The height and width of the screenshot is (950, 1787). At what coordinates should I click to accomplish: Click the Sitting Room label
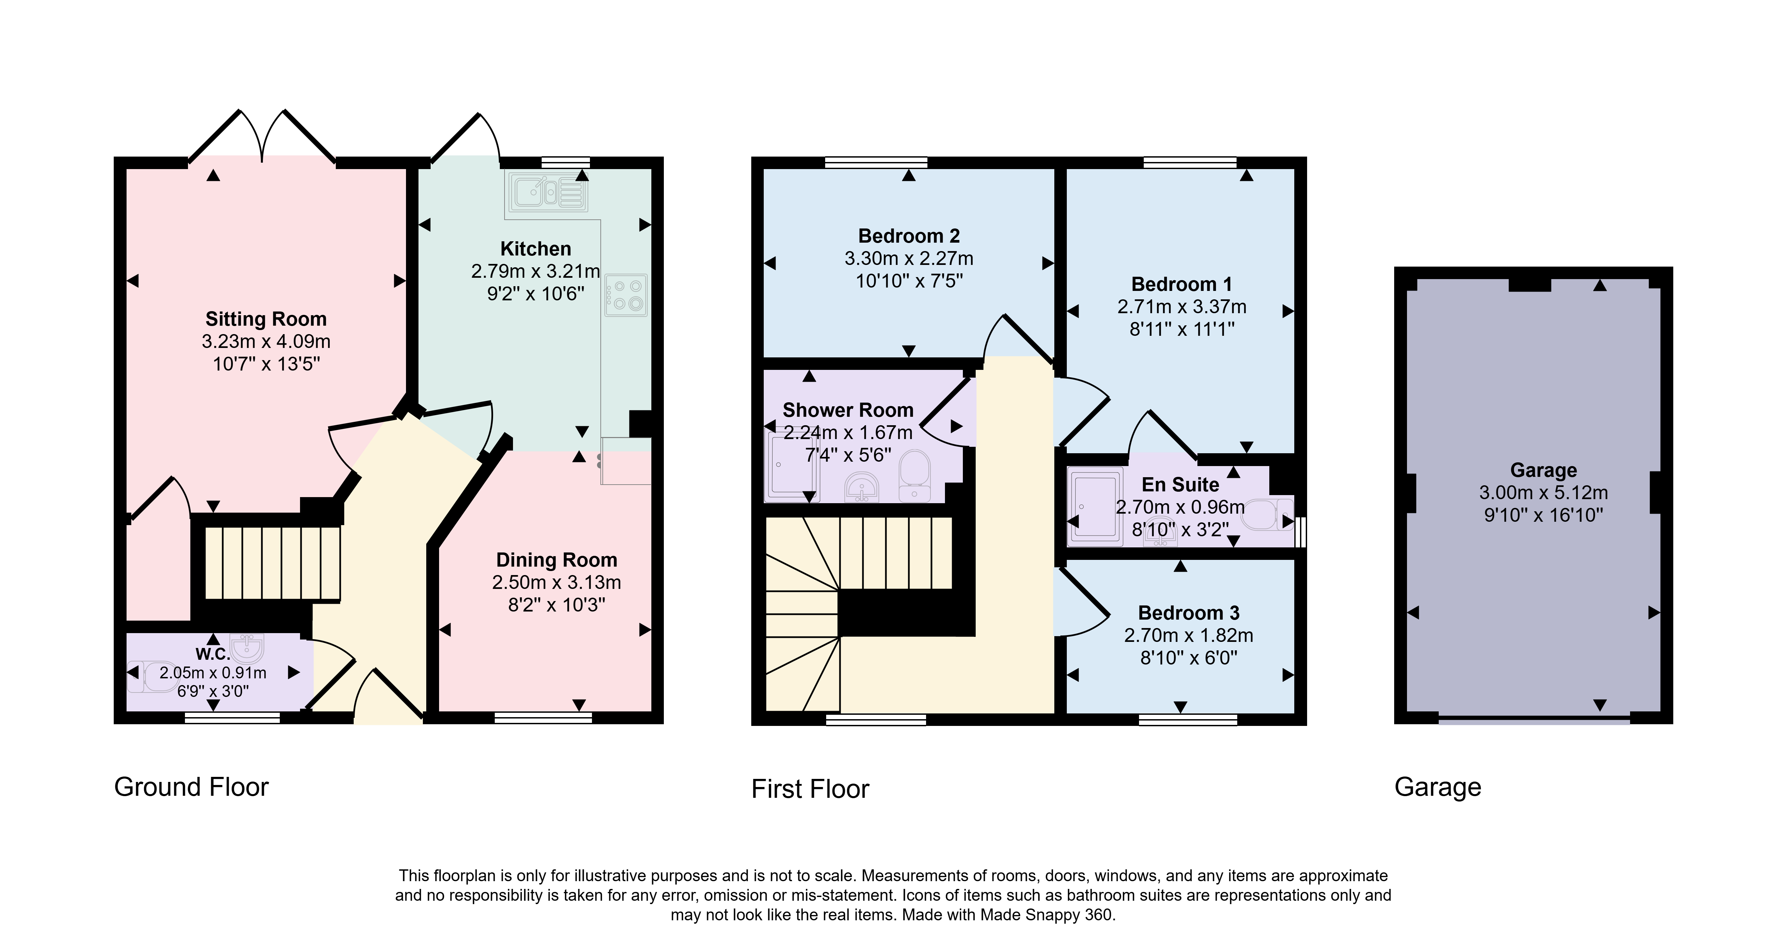(x=266, y=319)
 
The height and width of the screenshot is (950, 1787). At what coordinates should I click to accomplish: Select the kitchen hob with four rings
(x=626, y=296)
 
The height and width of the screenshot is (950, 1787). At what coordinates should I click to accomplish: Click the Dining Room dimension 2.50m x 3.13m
(x=557, y=582)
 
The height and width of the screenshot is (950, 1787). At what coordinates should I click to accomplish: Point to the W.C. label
(x=212, y=654)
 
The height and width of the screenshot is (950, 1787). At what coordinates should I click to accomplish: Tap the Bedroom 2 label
(x=909, y=236)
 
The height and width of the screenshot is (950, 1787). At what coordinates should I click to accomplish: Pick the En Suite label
(x=1181, y=484)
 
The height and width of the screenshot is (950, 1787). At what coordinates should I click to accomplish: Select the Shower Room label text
(x=848, y=410)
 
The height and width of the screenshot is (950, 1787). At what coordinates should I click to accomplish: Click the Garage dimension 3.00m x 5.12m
(x=1544, y=493)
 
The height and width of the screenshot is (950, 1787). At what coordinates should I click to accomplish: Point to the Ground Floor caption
(x=191, y=787)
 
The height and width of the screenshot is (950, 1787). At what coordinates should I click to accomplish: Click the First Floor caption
(x=810, y=789)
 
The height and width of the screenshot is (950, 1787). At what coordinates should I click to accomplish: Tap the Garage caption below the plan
(x=1438, y=787)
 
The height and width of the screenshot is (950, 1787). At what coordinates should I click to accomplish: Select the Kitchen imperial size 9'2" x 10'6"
(x=536, y=294)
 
